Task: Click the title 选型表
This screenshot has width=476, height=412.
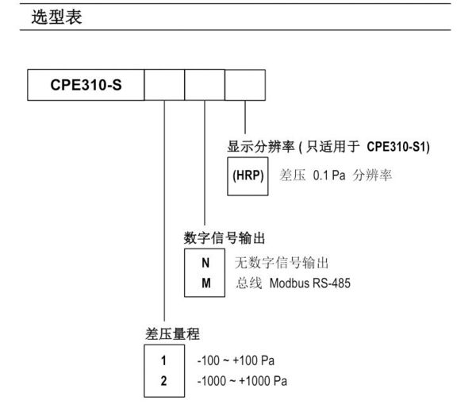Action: coord(57,17)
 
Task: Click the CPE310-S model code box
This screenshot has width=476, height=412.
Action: coord(86,85)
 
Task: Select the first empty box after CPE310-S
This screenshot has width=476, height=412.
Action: coord(164,85)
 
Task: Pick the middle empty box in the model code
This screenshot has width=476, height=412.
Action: coord(205,85)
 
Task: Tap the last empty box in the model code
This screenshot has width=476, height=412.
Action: coord(245,85)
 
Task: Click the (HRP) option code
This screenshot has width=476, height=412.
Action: coord(248,175)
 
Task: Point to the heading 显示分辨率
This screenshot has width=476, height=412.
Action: coord(261,147)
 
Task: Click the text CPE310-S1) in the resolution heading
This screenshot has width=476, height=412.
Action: coord(398,147)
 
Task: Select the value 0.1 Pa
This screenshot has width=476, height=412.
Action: coord(329,175)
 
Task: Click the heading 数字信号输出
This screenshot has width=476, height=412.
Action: coord(225,238)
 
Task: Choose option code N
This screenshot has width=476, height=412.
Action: coord(205,263)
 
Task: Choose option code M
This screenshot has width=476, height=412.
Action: coord(205,283)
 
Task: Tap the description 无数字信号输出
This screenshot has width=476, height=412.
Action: coord(282,263)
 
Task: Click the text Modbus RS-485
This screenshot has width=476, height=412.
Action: coord(310,283)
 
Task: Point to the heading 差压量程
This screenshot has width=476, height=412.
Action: coord(172,334)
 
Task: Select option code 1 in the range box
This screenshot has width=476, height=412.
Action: coord(163,360)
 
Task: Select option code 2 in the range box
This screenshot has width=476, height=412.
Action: coord(163,381)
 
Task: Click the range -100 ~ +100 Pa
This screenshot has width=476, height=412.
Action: coord(236,360)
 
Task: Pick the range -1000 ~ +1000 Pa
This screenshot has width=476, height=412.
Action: coord(242,381)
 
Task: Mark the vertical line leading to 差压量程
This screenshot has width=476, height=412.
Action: coord(164,210)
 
